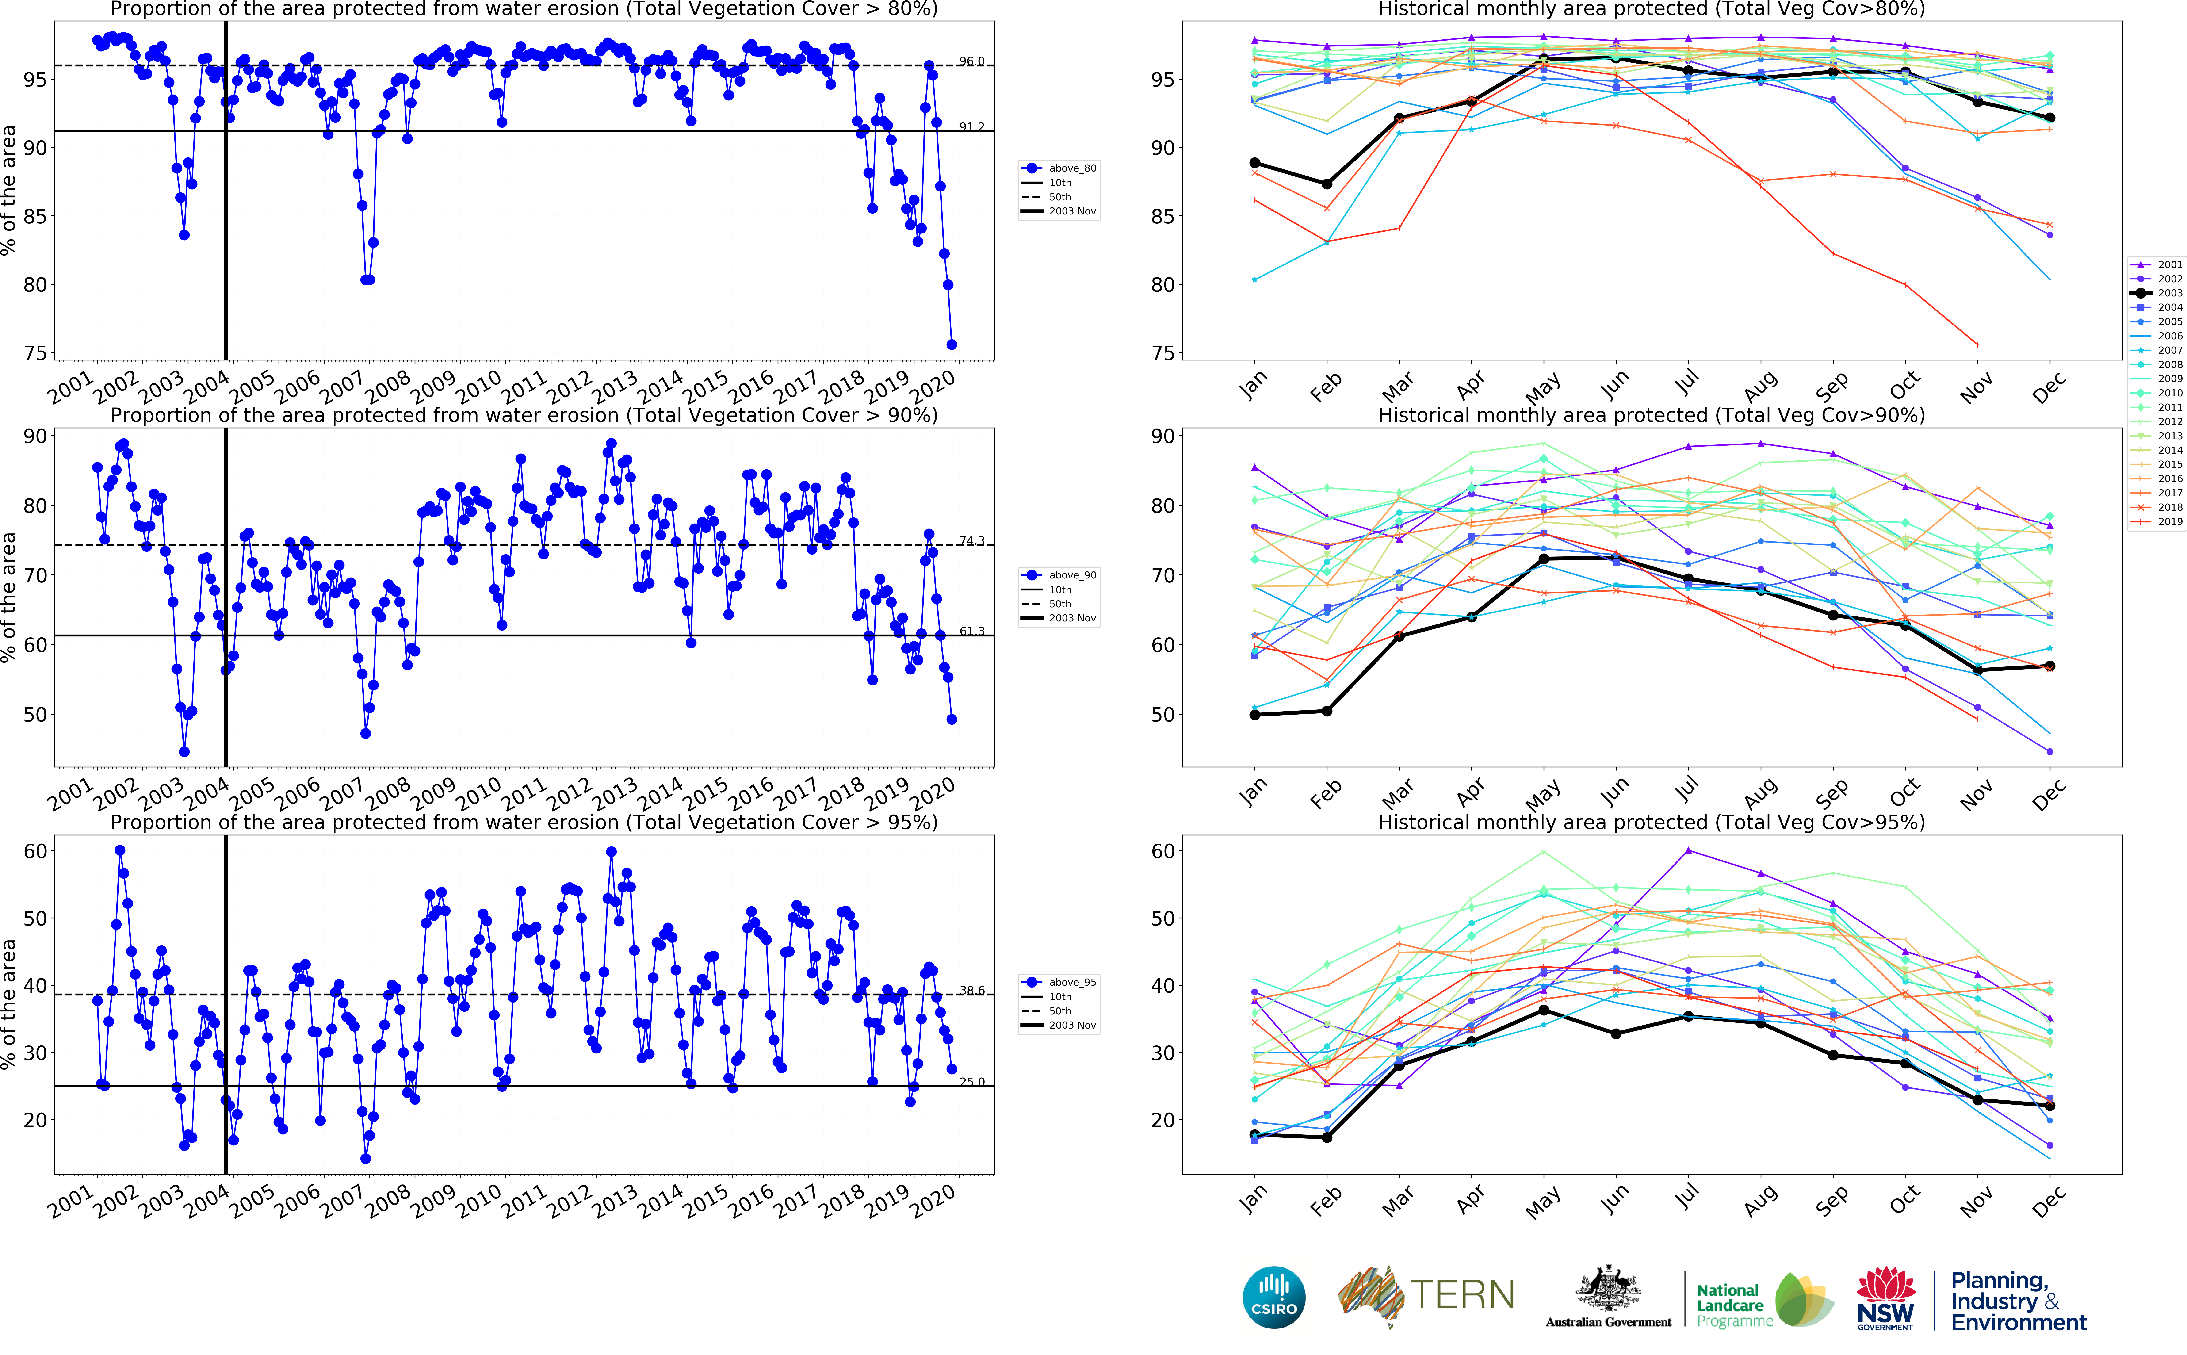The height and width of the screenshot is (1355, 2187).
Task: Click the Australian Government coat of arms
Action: click(1608, 1290)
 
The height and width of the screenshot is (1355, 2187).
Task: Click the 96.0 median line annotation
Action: click(971, 62)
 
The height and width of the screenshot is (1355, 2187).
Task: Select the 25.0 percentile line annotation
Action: click(971, 1082)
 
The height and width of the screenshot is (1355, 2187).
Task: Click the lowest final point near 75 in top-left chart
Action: click(952, 344)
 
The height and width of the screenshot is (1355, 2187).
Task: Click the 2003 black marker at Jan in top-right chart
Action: click(1254, 163)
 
